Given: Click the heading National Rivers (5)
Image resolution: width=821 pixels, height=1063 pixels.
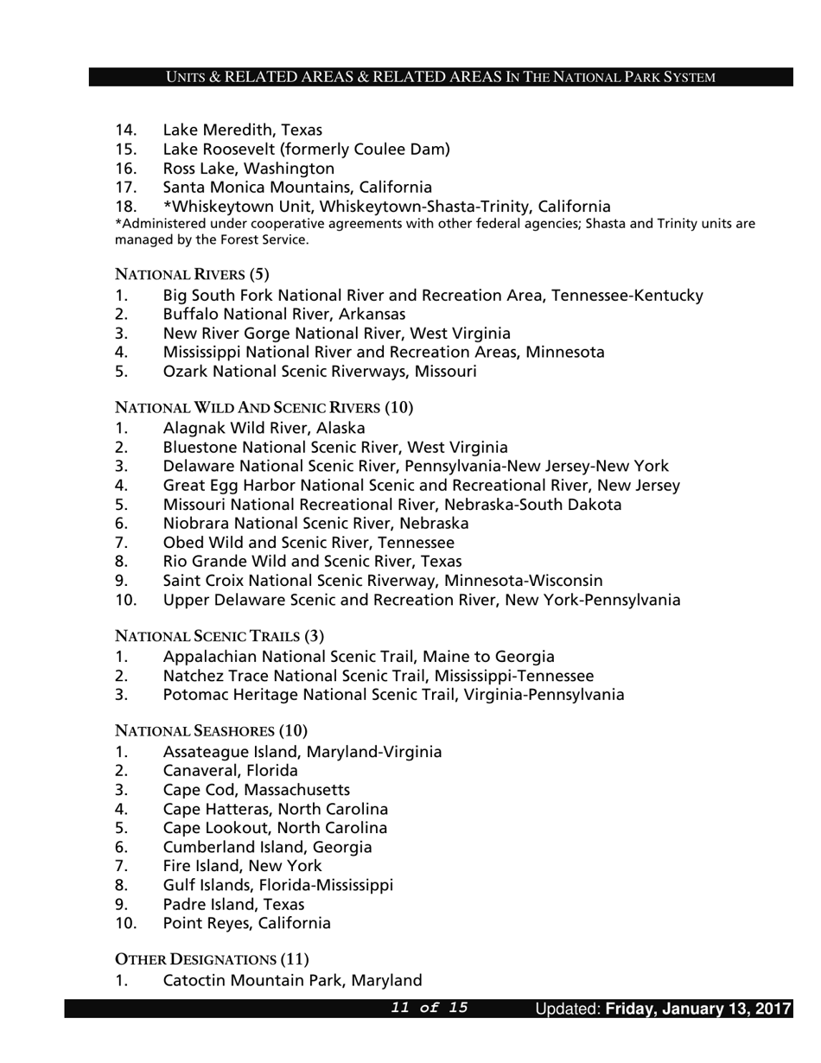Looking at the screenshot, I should pos(192,275).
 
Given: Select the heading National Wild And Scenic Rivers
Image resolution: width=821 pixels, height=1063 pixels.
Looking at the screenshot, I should pos(264,408).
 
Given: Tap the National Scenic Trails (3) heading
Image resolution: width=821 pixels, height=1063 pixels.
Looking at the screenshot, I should pos(220,637).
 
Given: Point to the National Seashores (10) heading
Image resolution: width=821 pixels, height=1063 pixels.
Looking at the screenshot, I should pos(211,731).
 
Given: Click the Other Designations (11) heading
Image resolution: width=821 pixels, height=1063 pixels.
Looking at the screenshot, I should pos(212,960).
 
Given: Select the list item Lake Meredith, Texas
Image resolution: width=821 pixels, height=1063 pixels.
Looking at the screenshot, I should pos(242,130).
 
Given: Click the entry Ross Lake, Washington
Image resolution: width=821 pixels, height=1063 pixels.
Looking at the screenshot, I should pos(248,169).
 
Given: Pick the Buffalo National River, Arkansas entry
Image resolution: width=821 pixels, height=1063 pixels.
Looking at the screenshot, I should pos(283,315).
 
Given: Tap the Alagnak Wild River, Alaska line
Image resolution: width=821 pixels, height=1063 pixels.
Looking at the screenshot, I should pos(264,429).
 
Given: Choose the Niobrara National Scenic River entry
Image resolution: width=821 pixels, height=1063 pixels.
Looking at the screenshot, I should pos(315,524).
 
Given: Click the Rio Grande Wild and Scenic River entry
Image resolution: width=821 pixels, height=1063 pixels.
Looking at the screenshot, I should pos(312,562).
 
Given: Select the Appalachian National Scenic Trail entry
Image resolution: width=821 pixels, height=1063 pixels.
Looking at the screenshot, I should pos(359,657).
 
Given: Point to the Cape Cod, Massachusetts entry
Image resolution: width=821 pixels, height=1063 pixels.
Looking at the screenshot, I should pos(256,790).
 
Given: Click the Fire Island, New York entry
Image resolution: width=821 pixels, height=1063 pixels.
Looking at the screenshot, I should pos(242,866).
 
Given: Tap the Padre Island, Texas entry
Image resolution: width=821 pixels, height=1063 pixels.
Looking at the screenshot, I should pos(233,905).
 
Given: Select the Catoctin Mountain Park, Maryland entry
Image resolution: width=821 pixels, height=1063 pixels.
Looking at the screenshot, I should pos(292,981).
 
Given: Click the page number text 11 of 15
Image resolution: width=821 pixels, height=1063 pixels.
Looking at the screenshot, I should pos(430,1008).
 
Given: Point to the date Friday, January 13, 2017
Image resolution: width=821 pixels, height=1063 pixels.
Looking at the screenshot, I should pos(698,1009).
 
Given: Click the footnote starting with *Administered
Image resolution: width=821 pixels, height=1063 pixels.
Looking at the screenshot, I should pos(435,232).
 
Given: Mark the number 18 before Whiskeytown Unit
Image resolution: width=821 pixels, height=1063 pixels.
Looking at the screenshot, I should pos(125,207).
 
